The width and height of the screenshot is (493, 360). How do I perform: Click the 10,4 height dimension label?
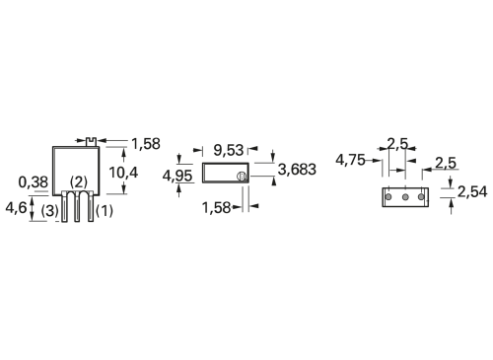[x=123, y=173]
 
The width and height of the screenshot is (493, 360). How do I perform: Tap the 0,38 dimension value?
[x=34, y=182]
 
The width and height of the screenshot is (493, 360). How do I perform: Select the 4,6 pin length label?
[x=16, y=207]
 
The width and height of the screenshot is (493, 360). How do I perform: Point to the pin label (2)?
[x=79, y=181]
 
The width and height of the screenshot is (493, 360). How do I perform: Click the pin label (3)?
[x=50, y=211]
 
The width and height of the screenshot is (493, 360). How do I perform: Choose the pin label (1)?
[x=105, y=211]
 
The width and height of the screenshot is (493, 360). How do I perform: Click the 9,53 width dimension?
[x=229, y=150]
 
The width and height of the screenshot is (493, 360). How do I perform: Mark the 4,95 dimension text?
[x=177, y=177]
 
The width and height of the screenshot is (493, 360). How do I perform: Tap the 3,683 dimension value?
[x=297, y=170]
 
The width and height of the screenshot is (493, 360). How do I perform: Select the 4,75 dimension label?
[x=350, y=160]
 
